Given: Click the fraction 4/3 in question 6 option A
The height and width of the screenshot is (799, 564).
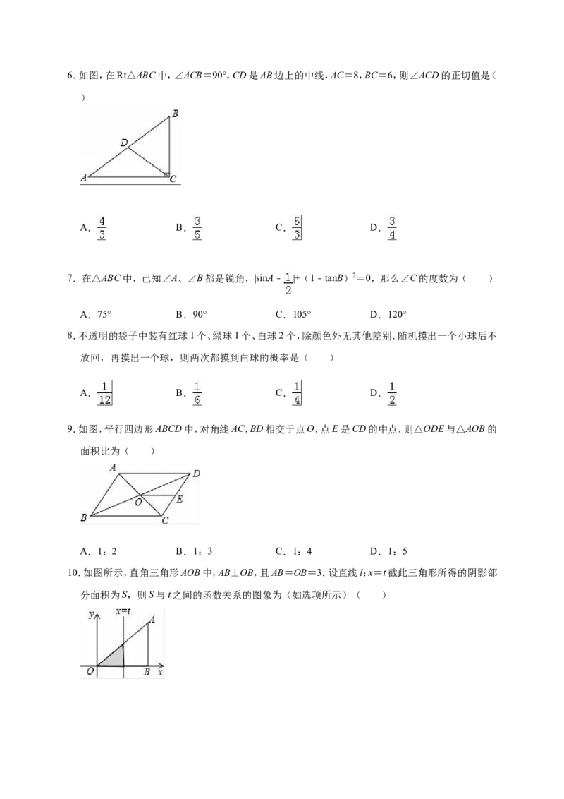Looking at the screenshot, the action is [102, 228].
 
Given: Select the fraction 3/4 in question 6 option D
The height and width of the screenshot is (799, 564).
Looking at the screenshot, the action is [391, 228].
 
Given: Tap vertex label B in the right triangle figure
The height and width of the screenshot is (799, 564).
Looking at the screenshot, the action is [175, 114].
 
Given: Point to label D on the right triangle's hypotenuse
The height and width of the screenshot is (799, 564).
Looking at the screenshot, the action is [123, 143].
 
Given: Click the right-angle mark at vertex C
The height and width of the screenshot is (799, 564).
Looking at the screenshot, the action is [166, 175].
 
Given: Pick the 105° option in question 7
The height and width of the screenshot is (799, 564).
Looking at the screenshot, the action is [302, 314].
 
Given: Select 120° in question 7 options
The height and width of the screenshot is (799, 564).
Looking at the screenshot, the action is [397, 314].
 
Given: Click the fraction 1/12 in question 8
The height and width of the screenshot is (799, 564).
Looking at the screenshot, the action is [104, 393].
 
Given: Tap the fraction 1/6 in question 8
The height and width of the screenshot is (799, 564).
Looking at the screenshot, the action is [197, 393].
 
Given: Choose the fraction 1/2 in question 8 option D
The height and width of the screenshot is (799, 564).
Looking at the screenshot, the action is [391, 393].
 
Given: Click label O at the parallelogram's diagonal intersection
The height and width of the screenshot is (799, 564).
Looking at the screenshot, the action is [137, 503].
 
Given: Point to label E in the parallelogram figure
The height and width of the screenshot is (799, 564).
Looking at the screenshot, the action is [179, 500].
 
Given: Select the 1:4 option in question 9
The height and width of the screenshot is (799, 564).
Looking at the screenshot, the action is [302, 551].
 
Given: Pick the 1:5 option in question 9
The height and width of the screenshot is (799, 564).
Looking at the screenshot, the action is [397, 551].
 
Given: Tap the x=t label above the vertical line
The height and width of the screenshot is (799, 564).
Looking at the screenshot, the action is [123, 611].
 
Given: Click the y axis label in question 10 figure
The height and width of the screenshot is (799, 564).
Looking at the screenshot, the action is [91, 614].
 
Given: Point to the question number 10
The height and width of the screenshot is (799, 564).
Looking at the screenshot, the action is [73, 572].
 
